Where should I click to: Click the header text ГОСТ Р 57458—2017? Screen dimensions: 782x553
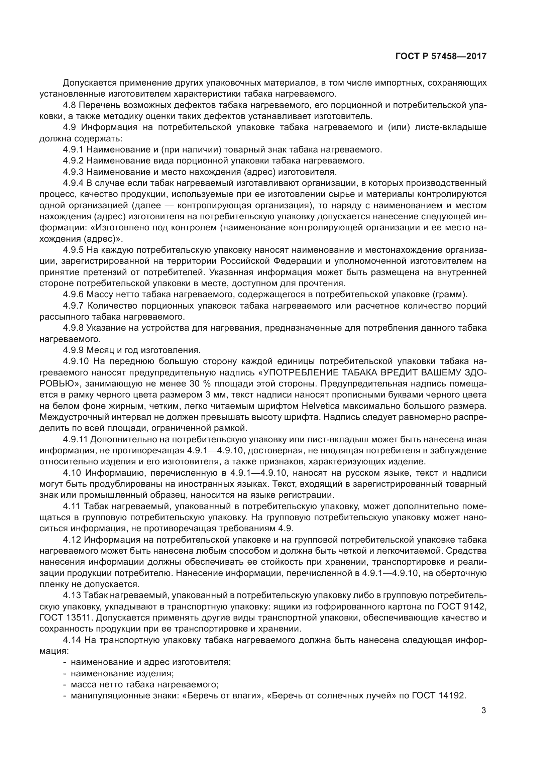tap(441, 57)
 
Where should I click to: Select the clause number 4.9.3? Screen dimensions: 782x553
tap(73, 172)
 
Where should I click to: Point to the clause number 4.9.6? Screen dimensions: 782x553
tap(73, 294)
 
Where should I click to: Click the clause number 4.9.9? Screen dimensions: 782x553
tap(73, 350)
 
